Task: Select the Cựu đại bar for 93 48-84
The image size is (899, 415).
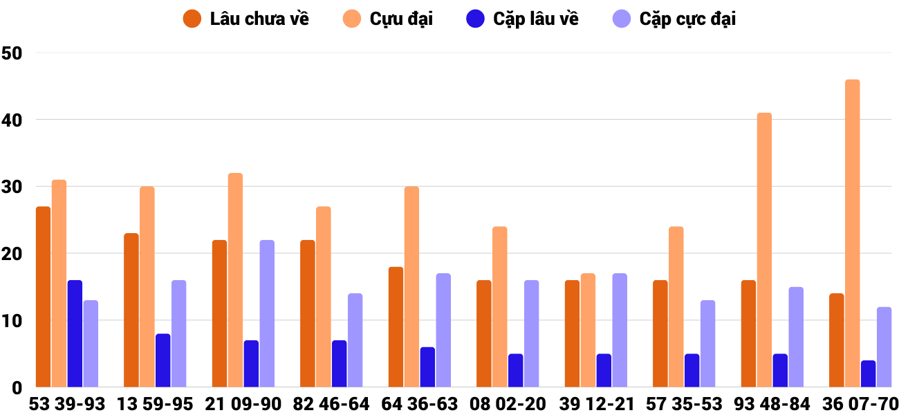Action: pyautogui.click(x=764, y=250)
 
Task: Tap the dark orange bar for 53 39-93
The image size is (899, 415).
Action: pyautogui.click(x=44, y=297)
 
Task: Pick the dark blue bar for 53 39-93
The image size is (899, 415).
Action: pyautogui.click(x=75, y=333)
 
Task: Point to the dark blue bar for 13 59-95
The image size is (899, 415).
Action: pyautogui.click(x=163, y=360)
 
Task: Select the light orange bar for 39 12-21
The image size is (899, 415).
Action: pyautogui.click(x=588, y=331)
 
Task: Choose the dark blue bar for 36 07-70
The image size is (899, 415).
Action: pyautogui.click(x=868, y=373)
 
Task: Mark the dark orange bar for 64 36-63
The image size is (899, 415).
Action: pyautogui.click(x=396, y=327)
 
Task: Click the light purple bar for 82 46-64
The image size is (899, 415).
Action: pyautogui.click(x=355, y=340)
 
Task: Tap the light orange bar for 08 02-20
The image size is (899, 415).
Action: pyautogui.click(x=499, y=307)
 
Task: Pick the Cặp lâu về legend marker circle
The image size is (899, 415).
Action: pyautogui.click(x=476, y=19)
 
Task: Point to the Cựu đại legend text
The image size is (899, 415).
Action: pyautogui.click(x=401, y=19)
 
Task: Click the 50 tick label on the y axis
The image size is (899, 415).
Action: pyautogui.click(x=12, y=53)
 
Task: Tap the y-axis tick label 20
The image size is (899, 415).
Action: pyautogui.click(x=12, y=254)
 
